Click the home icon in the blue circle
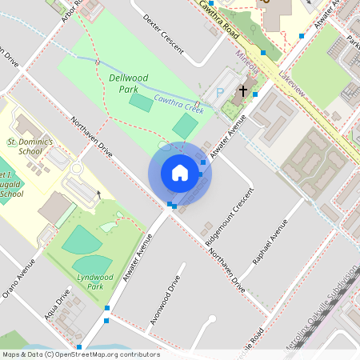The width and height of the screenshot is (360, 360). [180, 173]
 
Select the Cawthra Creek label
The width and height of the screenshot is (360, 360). [178, 102]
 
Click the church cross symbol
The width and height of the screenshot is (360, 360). [242, 91]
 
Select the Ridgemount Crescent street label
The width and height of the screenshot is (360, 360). [230, 217]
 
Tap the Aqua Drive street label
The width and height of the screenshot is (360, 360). [58, 302]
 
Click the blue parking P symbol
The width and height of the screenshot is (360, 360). [219, 92]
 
